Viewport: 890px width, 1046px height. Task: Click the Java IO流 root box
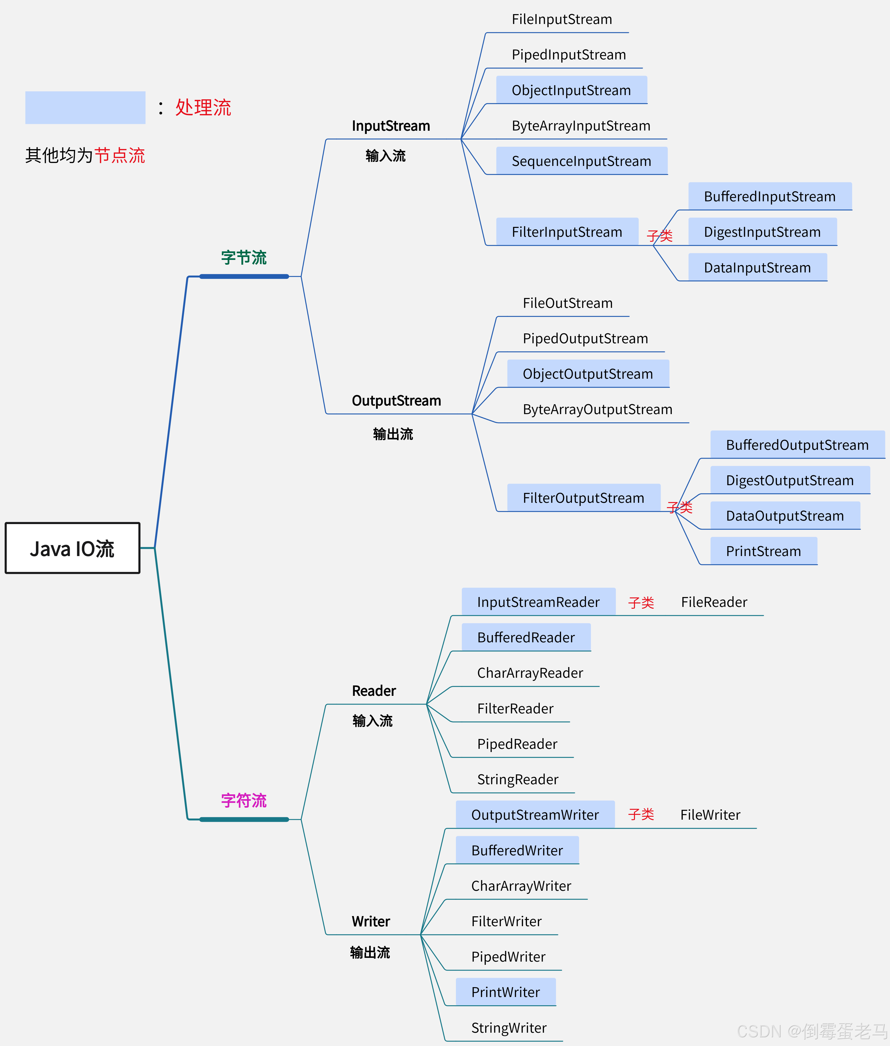pyautogui.click(x=72, y=548)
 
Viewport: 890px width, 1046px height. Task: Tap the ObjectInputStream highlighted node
pyautogui.click(x=571, y=90)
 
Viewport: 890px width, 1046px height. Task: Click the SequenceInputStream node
pyautogui.click(x=581, y=161)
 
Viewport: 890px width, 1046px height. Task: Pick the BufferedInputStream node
pyautogui.click(x=769, y=196)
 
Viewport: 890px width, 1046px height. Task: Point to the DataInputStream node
pyautogui.click(x=757, y=268)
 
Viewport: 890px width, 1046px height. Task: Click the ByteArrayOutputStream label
pyautogui.click(x=597, y=409)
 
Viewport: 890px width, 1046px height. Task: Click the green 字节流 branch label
pyautogui.click(x=244, y=258)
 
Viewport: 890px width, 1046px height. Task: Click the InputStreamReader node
pyautogui.click(x=538, y=602)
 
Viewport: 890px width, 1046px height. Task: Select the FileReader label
pyautogui.click(x=714, y=602)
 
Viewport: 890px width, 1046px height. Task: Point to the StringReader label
pyautogui.click(x=518, y=779)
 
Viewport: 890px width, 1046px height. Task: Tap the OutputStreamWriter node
pyautogui.click(x=535, y=815)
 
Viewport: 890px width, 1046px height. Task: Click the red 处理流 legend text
pyautogui.click(x=203, y=108)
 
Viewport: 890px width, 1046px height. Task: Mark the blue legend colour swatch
pyautogui.click(x=85, y=108)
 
